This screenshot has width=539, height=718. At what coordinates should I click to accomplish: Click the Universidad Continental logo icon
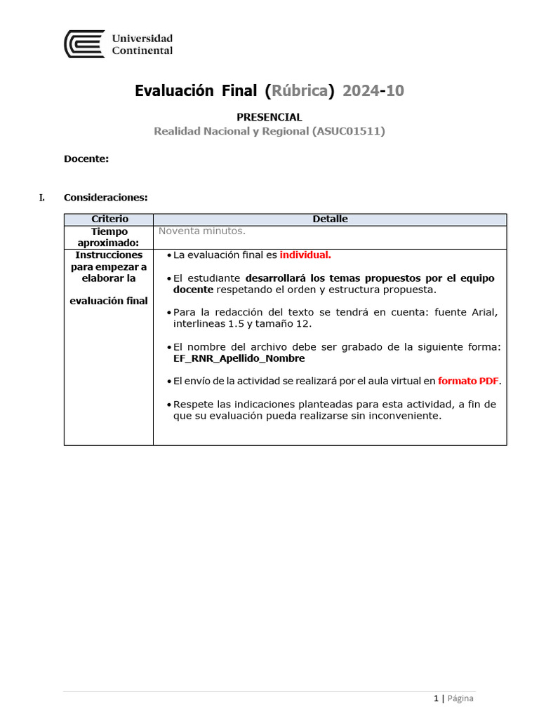(x=84, y=44)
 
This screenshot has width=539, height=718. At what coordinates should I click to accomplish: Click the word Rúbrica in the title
(x=300, y=91)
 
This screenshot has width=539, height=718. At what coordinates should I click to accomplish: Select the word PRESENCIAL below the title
(x=269, y=117)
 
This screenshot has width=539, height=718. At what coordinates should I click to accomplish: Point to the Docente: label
(x=86, y=159)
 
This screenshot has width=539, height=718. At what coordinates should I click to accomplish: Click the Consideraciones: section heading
(x=105, y=198)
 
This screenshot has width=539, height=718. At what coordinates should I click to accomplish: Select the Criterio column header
(x=109, y=219)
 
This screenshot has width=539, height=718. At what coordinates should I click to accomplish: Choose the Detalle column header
(x=330, y=219)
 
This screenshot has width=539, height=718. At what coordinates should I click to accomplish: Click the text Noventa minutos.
(x=202, y=231)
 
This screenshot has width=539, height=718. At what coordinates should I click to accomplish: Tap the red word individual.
(x=305, y=255)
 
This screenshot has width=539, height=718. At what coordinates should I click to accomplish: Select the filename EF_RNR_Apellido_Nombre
(x=239, y=358)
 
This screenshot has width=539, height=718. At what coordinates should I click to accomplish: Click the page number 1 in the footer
(x=436, y=698)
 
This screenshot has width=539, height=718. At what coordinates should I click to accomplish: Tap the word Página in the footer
(x=460, y=698)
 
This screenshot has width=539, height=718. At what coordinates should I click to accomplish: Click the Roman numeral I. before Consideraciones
(x=42, y=198)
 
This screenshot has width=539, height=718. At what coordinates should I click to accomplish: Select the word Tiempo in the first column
(x=109, y=231)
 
